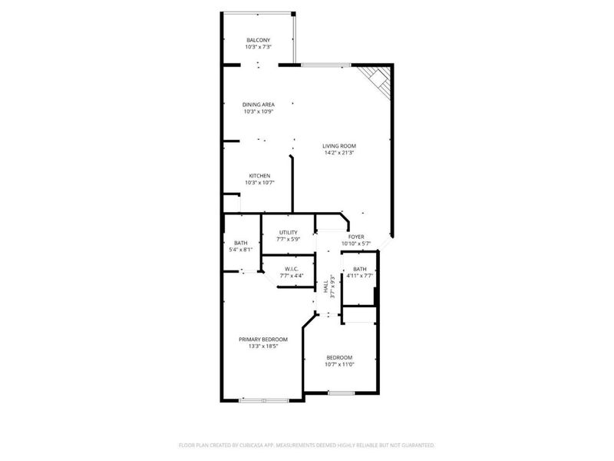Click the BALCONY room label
[x=258, y=40]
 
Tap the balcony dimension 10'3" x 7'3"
[x=258, y=47]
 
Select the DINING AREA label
[x=258, y=104]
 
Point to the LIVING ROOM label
[x=338, y=146]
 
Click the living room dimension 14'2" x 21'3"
[x=338, y=153]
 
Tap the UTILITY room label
[x=288, y=232]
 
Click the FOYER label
[x=356, y=237]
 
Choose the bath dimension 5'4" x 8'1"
[x=241, y=250]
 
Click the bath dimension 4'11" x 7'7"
[x=360, y=276]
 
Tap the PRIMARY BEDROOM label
[x=262, y=340]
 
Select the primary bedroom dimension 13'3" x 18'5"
[x=262, y=347]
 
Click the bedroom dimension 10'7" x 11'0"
[x=339, y=364]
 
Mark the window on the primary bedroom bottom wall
[x=263, y=400]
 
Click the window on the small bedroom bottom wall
[x=341, y=393]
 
